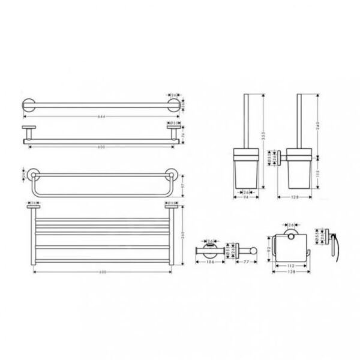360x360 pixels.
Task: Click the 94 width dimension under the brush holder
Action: pos(247,197)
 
